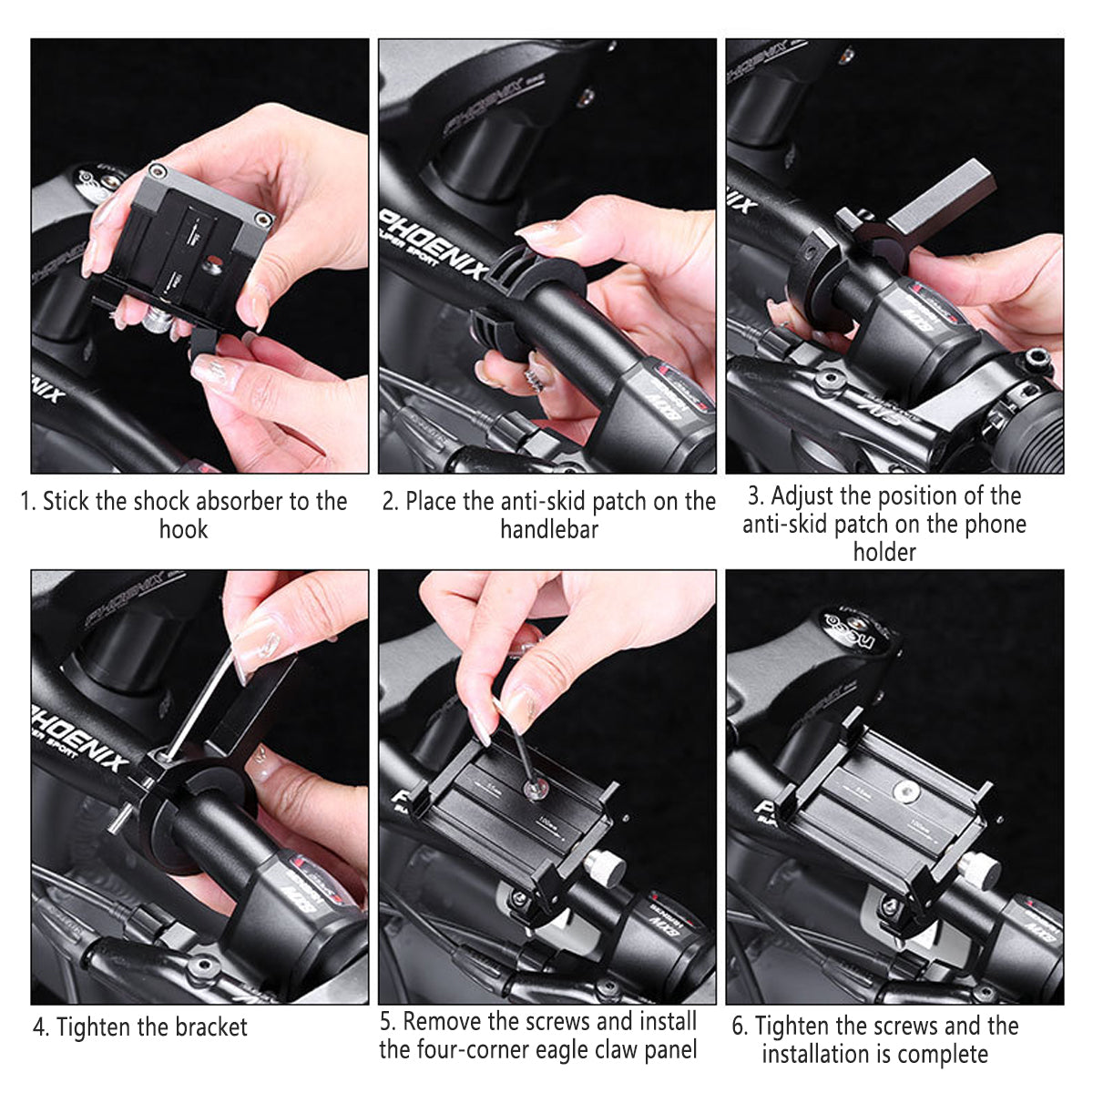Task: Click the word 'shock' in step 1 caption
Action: (x=162, y=501)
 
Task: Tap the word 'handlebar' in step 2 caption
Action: (x=548, y=529)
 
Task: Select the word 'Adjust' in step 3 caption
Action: (x=803, y=496)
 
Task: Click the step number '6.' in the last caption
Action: (x=740, y=1027)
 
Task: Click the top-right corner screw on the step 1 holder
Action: (x=264, y=219)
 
